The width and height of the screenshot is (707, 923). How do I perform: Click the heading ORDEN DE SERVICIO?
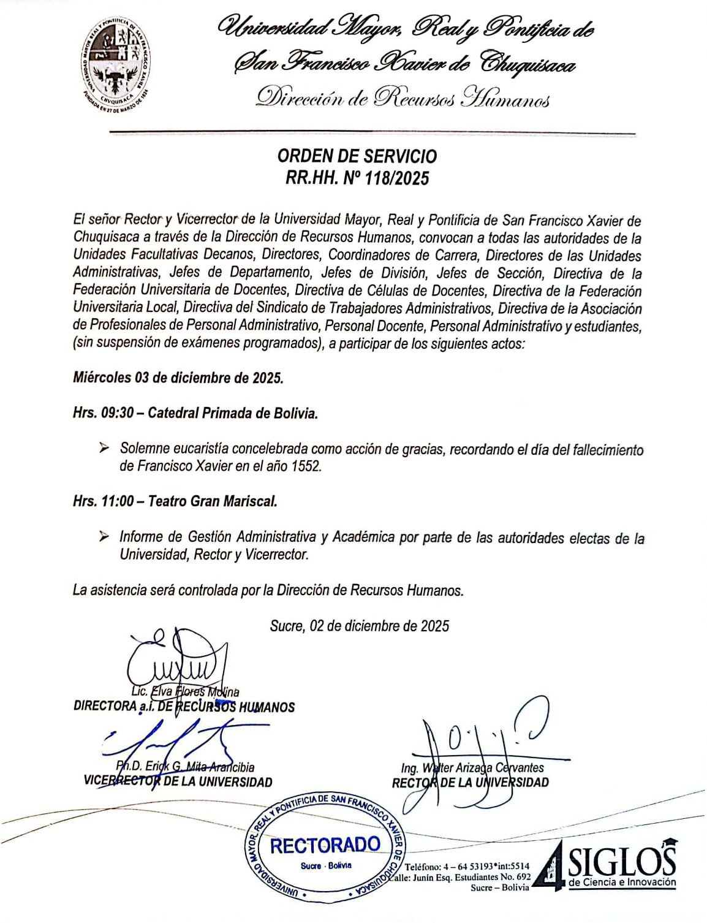click(357, 156)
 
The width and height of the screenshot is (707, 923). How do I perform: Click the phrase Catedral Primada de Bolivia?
click(233, 413)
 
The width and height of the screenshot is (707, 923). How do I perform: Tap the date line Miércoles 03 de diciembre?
click(178, 378)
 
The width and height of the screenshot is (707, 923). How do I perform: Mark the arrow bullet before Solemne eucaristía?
click(104, 449)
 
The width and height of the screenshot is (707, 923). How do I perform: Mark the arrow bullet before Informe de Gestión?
click(104, 537)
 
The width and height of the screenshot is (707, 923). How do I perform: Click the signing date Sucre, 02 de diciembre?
click(359, 626)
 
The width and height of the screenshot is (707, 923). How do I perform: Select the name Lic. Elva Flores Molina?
click(184, 692)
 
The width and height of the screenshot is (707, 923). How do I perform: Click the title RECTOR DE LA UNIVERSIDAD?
click(470, 782)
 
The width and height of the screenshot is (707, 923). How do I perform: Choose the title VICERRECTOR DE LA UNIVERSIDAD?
click(178, 781)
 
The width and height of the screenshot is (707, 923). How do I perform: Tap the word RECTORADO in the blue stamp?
click(325, 846)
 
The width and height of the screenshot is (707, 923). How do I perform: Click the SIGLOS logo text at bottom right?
click(622, 863)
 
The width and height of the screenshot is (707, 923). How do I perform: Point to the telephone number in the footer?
click(467, 867)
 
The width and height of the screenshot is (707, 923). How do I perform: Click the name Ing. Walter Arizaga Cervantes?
click(472, 767)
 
